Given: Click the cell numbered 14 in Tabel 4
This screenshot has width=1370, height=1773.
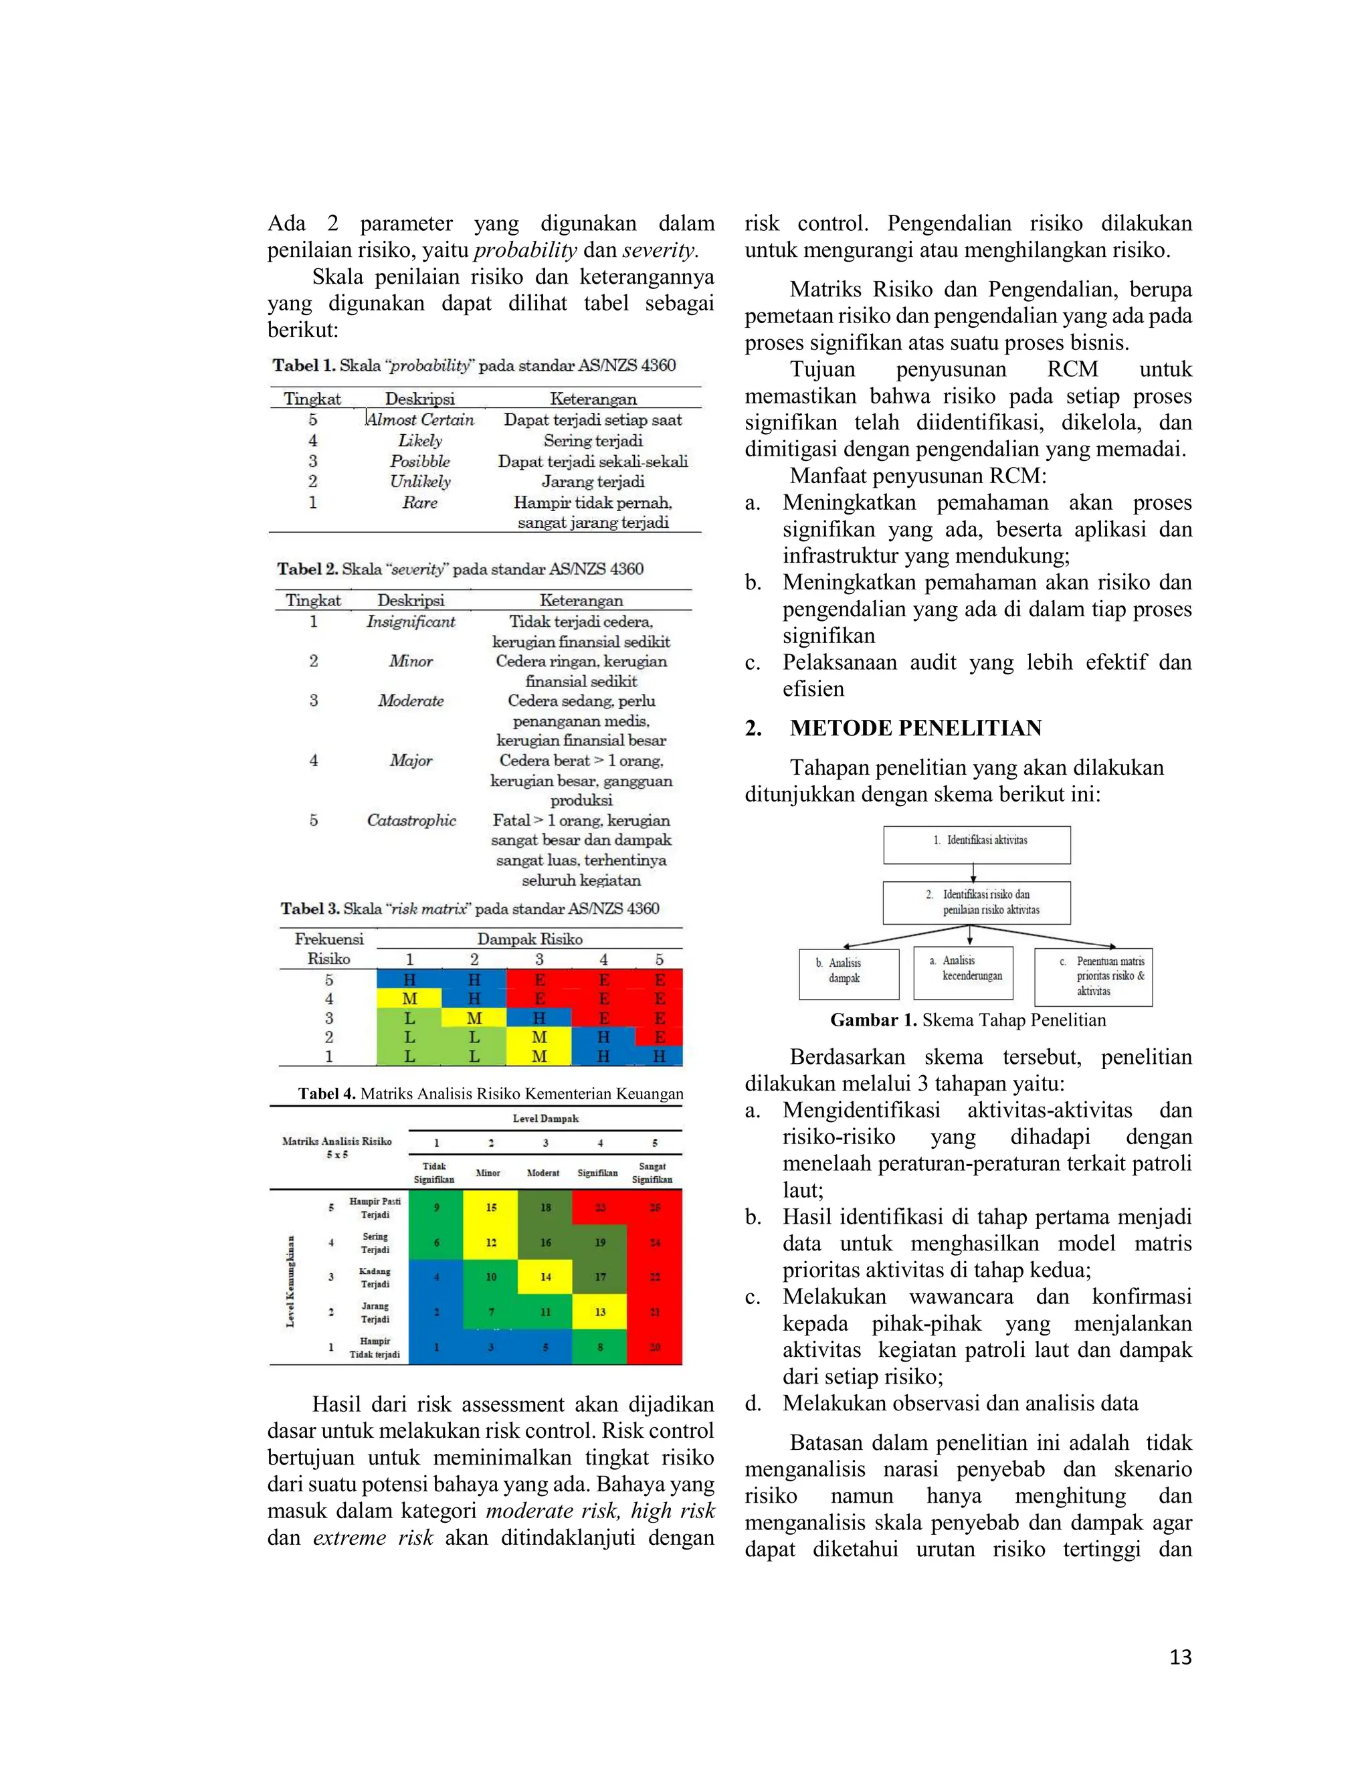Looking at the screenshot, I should (x=545, y=1277).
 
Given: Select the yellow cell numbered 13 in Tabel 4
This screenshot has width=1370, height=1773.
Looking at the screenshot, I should (x=600, y=1312).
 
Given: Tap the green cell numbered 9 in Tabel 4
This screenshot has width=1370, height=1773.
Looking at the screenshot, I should (x=436, y=1207).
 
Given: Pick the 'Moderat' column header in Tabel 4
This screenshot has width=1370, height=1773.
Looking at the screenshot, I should (x=543, y=1172).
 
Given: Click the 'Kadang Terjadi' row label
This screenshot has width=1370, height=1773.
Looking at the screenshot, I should (x=375, y=1277).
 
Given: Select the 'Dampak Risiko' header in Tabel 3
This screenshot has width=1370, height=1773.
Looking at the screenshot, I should (x=529, y=939).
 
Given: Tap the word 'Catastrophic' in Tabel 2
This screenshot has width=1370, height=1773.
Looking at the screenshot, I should (x=411, y=820).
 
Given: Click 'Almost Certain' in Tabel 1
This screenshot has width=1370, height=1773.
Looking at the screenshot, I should (x=420, y=419).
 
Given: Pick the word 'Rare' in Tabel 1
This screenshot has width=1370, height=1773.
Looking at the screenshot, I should (x=419, y=502).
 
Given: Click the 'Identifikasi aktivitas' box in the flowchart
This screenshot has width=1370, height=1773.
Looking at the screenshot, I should (x=977, y=844).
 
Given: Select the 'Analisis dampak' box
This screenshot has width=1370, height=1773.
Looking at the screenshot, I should (x=848, y=973).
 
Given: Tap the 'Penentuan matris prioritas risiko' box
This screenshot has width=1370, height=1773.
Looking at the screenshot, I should (x=1093, y=977).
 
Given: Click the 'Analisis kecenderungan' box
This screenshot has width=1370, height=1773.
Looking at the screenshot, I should (x=963, y=971).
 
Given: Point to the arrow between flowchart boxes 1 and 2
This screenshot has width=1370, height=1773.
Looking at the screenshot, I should (x=973, y=872).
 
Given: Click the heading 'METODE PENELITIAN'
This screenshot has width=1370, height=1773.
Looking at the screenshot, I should (x=916, y=727).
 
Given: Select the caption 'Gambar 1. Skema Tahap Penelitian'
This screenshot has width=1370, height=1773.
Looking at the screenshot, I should (x=967, y=1020).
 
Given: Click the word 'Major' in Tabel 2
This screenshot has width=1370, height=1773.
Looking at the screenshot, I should (x=411, y=761).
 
